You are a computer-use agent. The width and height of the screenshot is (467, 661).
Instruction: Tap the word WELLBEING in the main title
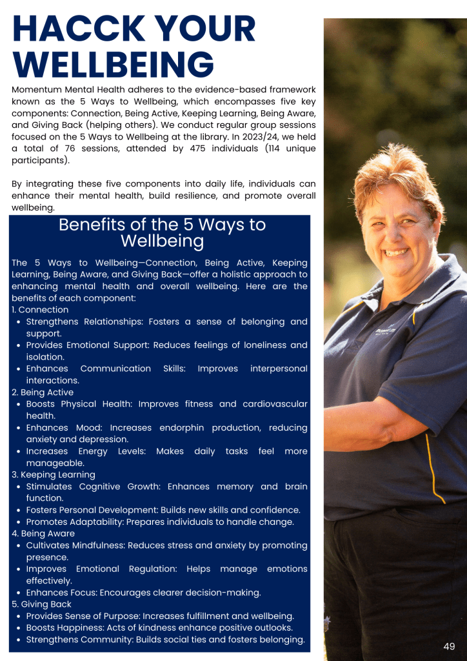point(113,66)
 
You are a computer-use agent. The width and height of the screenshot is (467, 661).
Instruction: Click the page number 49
point(449,646)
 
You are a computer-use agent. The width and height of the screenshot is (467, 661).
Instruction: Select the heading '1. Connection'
point(40,310)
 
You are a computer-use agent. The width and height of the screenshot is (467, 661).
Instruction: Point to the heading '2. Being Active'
point(43,392)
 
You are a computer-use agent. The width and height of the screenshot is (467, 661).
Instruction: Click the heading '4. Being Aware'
point(43,534)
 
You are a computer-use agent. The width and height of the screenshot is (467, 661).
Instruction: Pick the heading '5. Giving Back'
point(42,604)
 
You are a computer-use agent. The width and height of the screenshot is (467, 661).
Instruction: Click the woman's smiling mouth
point(395,252)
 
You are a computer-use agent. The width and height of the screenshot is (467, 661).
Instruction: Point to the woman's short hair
point(393,174)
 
